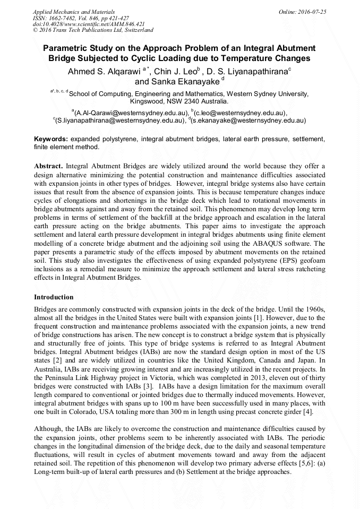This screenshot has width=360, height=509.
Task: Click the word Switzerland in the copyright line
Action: point(134,31)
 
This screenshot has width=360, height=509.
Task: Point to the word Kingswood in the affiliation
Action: point(147,101)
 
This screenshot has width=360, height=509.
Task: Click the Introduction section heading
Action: point(54,297)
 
